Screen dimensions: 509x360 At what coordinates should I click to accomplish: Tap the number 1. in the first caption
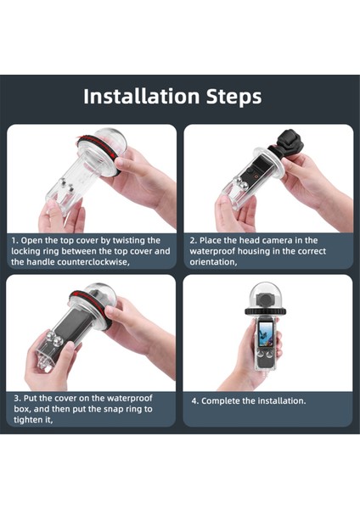[15, 241]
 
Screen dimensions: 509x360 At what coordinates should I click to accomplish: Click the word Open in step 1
[33, 241]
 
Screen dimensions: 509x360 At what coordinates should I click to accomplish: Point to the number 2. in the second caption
[193, 241]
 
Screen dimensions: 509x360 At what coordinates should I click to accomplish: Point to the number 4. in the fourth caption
[193, 400]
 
